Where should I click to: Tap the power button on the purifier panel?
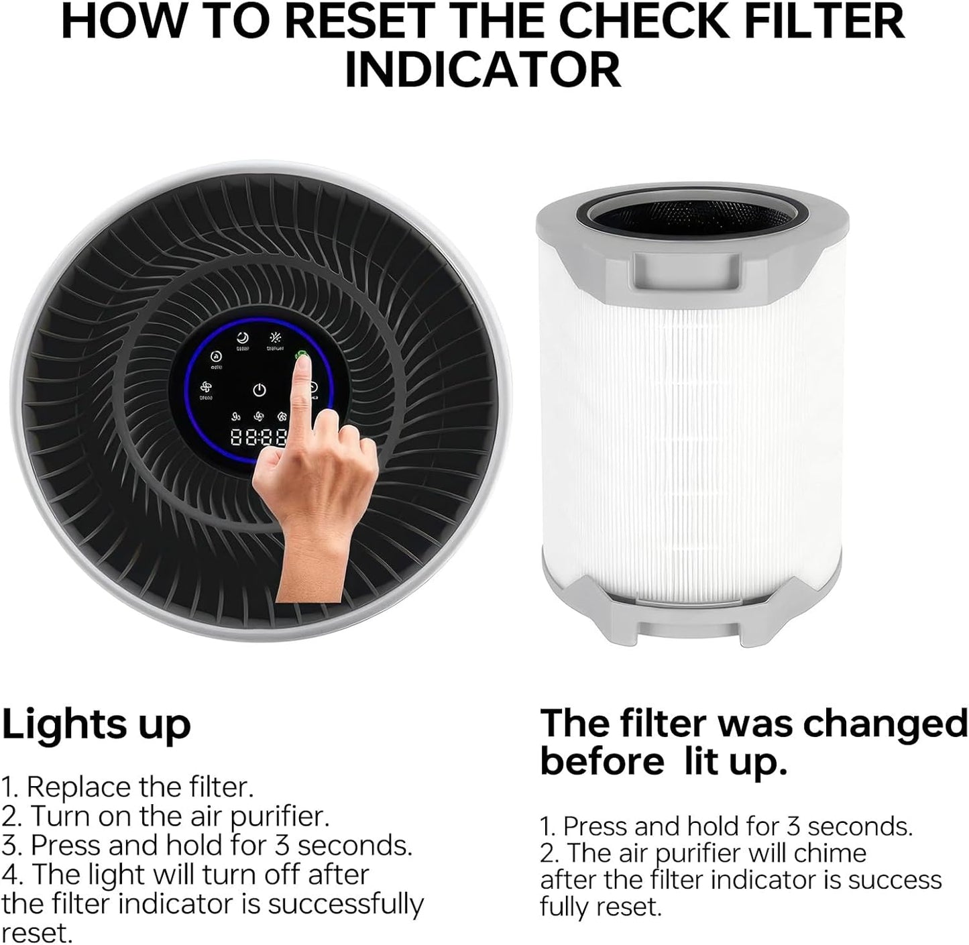[260, 390]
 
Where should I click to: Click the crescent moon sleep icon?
[242, 338]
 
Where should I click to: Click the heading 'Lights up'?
[97, 724]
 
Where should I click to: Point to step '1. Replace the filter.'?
[127, 787]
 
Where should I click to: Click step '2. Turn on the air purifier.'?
[165, 816]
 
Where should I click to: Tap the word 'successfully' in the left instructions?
[346, 904]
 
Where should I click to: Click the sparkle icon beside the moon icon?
[274, 338]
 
